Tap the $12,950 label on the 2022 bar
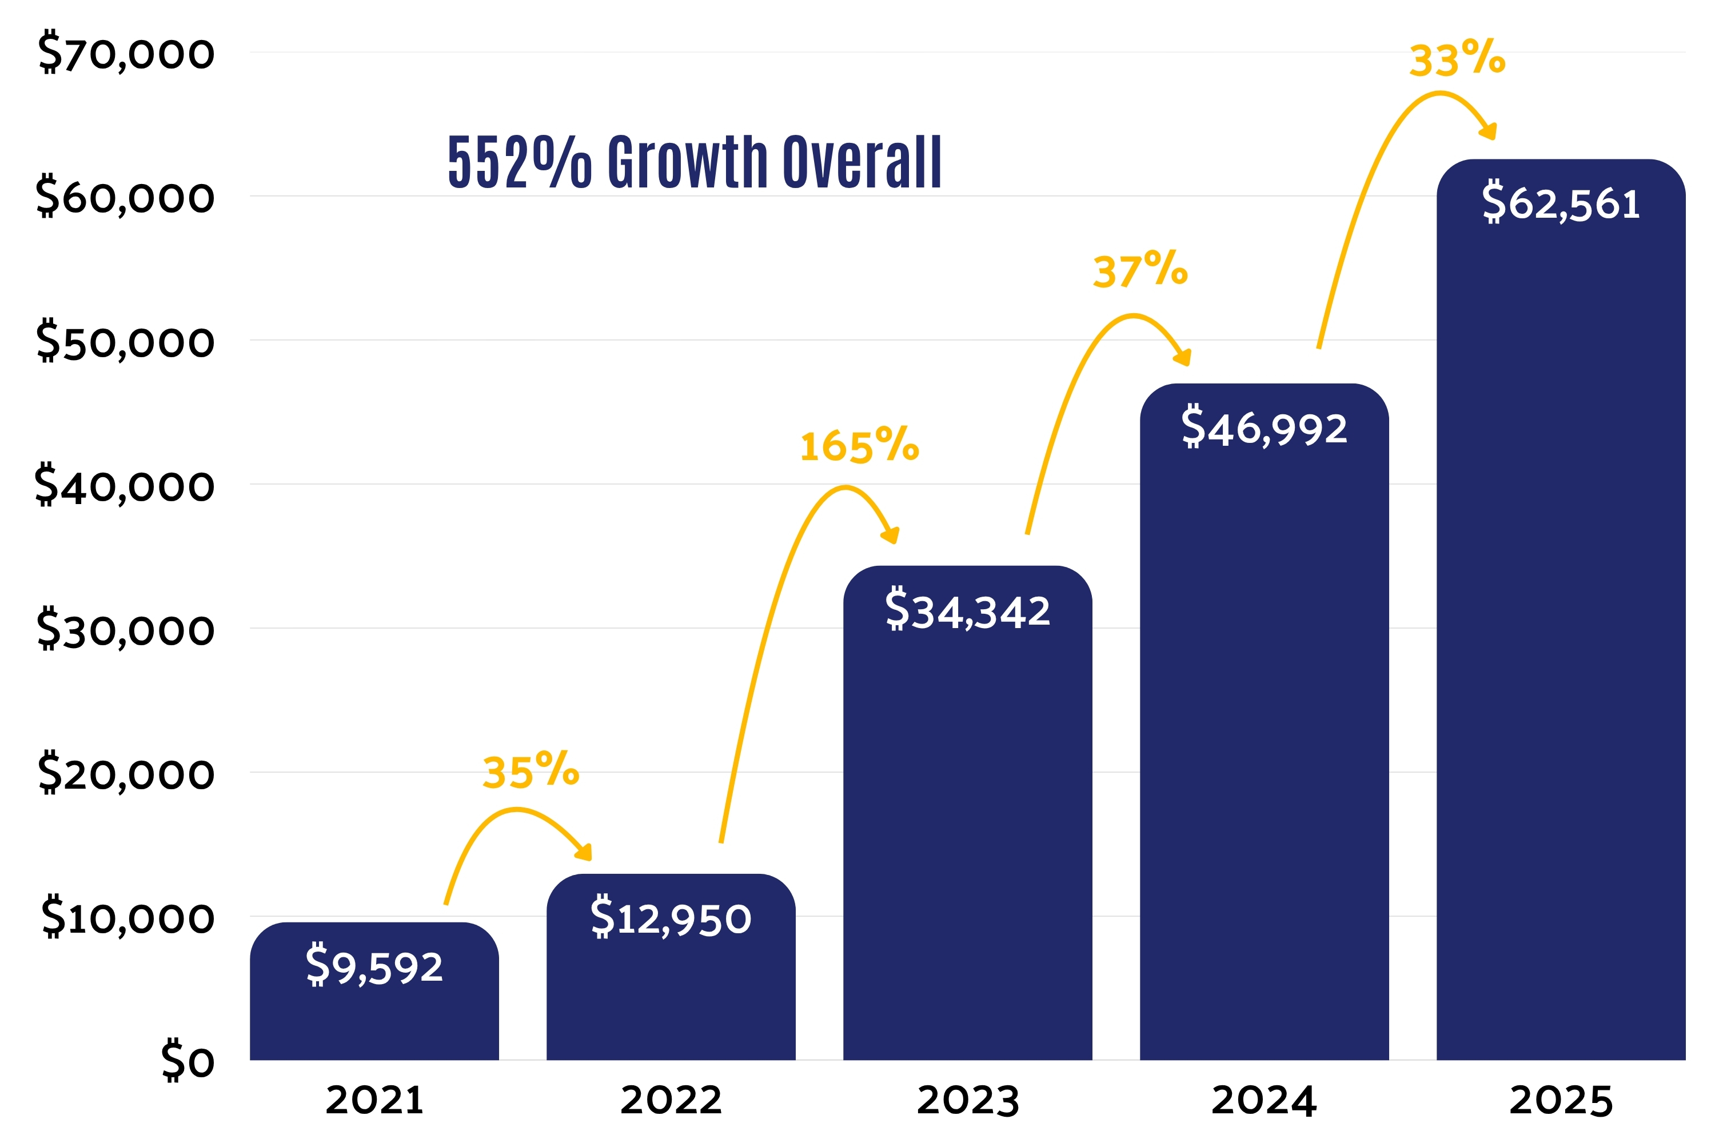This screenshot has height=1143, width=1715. pyautogui.click(x=671, y=917)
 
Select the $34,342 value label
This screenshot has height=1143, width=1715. pyautogui.click(x=968, y=609)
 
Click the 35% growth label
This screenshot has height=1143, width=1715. pyautogui.click(x=531, y=770)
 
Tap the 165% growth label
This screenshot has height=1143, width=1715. pyautogui.click(x=860, y=445)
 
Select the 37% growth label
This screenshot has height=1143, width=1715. pyautogui.click(x=1140, y=270)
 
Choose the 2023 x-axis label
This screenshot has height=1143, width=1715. pyautogui.click(x=968, y=1100)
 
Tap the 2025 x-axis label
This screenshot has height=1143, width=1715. pyautogui.click(x=1561, y=1100)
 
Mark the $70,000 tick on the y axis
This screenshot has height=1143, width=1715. pyautogui.click(x=126, y=53)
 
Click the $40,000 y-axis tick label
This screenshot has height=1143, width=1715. pyautogui.click(x=125, y=485)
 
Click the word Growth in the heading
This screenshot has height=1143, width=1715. pyautogui.click(x=688, y=161)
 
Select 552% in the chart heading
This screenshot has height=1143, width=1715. pyautogui.click(x=520, y=162)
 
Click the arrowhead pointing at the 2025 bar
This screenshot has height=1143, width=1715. pyautogui.click(x=1488, y=130)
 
